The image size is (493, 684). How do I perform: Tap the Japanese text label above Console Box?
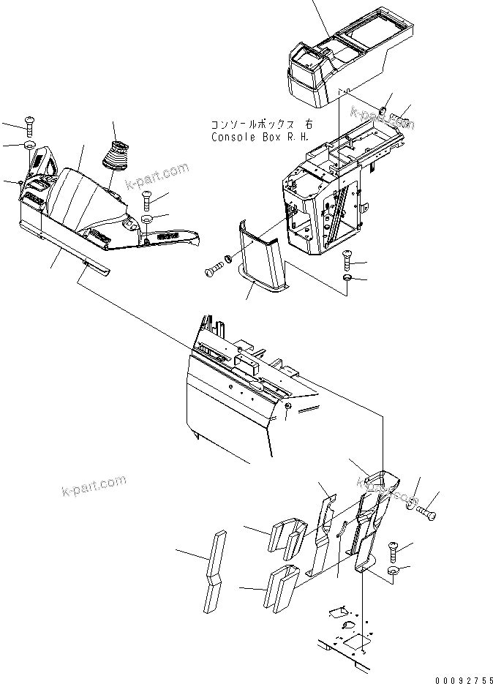[x=248, y=125]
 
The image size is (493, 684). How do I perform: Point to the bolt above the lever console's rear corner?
[x=29, y=125]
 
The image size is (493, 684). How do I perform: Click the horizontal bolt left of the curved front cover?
[x=214, y=268]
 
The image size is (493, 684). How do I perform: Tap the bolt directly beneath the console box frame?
[x=347, y=258]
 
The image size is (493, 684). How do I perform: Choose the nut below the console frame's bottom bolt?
[x=347, y=279]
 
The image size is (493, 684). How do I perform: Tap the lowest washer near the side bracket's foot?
[x=394, y=571]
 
